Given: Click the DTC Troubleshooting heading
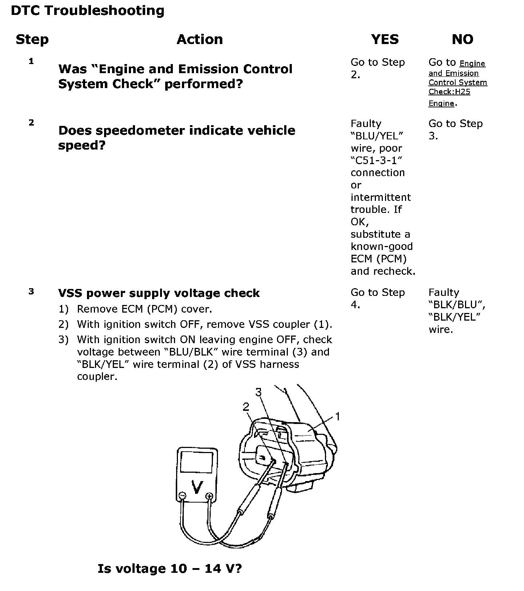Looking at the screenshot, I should click(87, 11).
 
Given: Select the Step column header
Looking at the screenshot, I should click(32, 39).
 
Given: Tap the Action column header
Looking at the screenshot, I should click(199, 39).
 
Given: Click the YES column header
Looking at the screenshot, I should click(385, 39).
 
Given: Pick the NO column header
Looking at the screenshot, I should click(462, 39).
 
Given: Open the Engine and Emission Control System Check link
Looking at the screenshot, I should click(457, 83).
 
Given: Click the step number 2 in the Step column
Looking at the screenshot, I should click(31, 123).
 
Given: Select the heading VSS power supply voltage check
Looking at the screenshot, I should click(159, 293).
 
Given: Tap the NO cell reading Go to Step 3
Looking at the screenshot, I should click(455, 130).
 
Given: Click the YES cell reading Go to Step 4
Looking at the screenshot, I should click(377, 298).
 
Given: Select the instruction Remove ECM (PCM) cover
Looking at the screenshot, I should click(144, 309).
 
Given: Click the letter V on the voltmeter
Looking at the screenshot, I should click(197, 487).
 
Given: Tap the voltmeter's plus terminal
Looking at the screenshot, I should click(209, 496).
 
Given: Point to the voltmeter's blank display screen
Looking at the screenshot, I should click(196, 462).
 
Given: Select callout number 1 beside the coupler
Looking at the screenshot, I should click(338, 416).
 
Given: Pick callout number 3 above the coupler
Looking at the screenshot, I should click(258, 392).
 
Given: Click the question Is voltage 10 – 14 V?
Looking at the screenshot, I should click(170, 568).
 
